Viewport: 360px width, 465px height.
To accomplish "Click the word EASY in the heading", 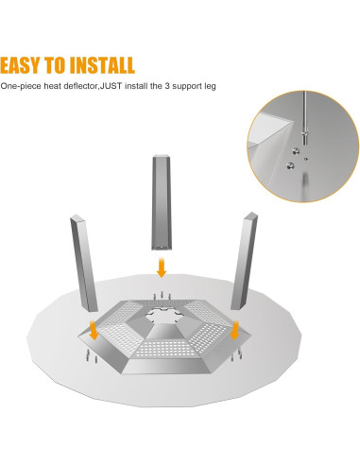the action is pyautogui.click(x=21, y=65).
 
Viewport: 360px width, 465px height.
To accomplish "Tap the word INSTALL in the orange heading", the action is pyautogui.click(x=102, y=65).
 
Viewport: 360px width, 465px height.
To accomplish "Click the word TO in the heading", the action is pyautogui.click(x=56, y=65).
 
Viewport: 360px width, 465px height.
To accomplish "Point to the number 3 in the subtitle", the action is pyautogui.click(x=167, y=86).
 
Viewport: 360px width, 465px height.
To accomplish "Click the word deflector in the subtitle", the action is pyautogui.click(x=80, y=86).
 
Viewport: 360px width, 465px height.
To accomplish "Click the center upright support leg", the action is pyautogui.click(x=162, y=202).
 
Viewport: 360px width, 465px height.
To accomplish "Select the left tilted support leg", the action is pyautogui.click(x=84, y=263).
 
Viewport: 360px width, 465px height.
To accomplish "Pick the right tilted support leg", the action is pyautogui.click(x=244, y=261).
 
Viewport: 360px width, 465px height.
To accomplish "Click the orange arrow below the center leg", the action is pyautogui.click(x=162, y=267).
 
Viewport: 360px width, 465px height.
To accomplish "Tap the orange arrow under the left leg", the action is pyautogui.click(x=94, y=330).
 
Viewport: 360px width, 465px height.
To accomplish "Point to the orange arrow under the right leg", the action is pyautogui.click(x=234, y=330).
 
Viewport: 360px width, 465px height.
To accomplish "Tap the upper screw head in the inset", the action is pyautogui.click(x=295, y=151).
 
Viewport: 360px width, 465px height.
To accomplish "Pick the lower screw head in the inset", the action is pyautogui.click(x=290, y=165).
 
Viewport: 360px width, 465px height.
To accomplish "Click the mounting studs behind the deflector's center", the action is pyautogui.click(x=162, y=296).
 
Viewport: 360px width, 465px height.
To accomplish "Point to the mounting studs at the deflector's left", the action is pyautogui.click(x=90, y=355).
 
